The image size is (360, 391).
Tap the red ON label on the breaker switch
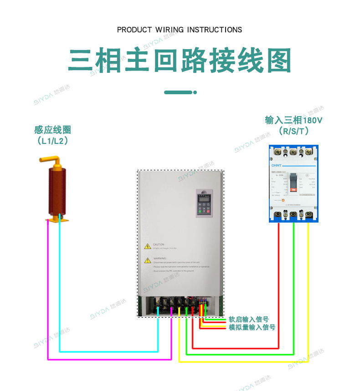293,189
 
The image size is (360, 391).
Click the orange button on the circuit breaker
283,200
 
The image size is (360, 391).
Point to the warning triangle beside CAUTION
148,246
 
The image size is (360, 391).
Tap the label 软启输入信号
248,320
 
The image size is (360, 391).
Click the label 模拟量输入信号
252,327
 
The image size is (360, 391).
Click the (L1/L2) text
53,141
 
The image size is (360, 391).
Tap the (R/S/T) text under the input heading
294,132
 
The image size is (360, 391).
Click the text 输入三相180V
294,121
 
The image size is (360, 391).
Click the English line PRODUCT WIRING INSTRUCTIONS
180,30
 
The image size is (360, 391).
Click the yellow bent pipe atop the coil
51,160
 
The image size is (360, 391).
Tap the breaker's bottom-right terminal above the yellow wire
308,215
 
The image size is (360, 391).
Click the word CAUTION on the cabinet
159,244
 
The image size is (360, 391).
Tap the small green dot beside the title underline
195,92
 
